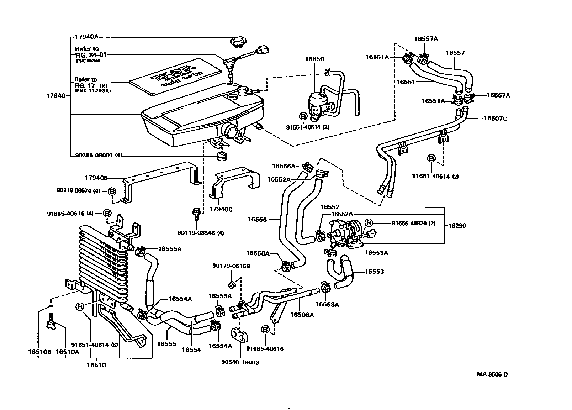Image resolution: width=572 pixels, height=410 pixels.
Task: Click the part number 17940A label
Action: [x=86, y=37]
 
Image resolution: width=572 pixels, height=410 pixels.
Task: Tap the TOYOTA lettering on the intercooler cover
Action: [x=173, y=73]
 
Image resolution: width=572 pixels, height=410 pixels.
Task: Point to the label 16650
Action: [x=314, y=59]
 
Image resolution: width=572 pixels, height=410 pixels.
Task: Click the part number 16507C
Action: [x=495, y=119]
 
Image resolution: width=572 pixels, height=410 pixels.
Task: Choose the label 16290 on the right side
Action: [x=457, y=225]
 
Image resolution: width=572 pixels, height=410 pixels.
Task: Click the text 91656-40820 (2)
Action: [x=413, y=223]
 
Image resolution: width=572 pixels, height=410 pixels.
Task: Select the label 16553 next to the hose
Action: [x=374, y=272]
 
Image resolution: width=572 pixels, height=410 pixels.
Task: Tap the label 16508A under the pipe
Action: [x=302, y=314]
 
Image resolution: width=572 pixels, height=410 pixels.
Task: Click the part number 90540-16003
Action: [x=240, y=362]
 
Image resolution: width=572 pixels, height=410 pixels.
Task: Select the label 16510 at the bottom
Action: [x=96, y=365]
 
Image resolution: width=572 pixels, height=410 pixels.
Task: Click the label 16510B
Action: [x=40, y=352]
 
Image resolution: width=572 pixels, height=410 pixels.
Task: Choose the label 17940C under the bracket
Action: [x=221, y=209]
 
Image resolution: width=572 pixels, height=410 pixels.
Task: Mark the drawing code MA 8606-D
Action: [x=492, y=374]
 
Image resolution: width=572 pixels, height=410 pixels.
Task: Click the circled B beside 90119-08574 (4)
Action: [x=112, y=191]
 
